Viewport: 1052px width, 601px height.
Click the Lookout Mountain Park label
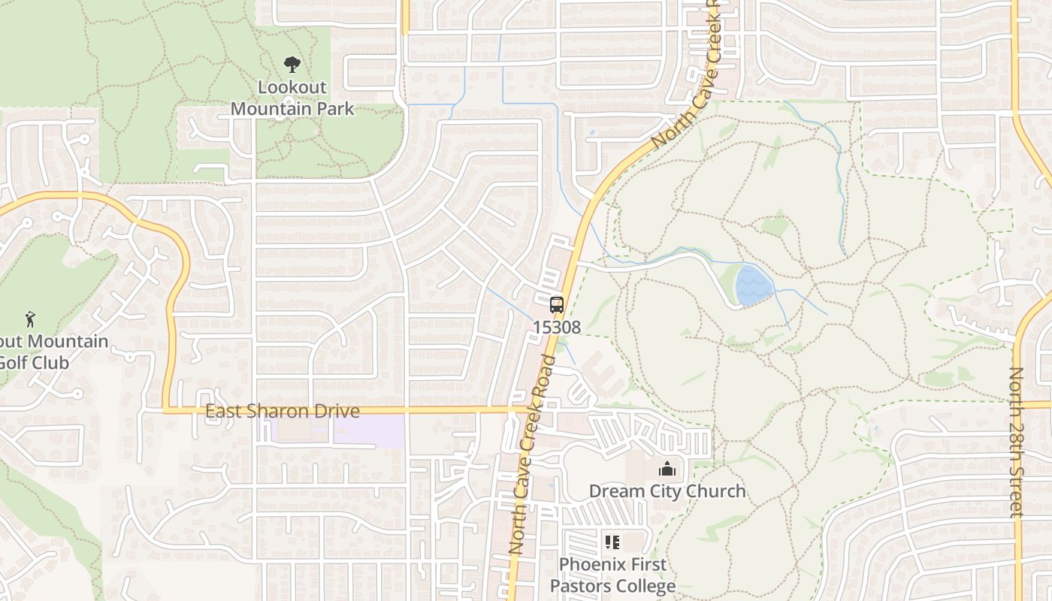pos(292,98)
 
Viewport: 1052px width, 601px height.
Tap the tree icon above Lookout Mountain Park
pos(292,65)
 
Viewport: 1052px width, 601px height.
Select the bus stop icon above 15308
pos(557,305)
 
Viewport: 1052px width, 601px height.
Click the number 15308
pos(557,328)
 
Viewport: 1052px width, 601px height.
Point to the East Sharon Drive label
pos(283,412)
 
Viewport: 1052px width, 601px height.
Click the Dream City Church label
pos(667,491)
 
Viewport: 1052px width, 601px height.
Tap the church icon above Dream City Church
pos(667,470)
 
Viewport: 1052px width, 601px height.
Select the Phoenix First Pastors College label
pos(612,575)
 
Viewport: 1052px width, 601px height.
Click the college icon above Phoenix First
pos(612,542)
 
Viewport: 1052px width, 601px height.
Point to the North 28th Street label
pos(1017,442)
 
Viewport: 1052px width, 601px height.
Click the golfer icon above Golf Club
pos(30,319)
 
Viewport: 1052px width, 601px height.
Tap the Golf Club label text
pos(35,363)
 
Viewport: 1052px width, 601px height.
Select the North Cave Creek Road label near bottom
pos(532,455)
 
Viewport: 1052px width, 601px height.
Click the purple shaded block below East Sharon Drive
pos(331,430)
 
